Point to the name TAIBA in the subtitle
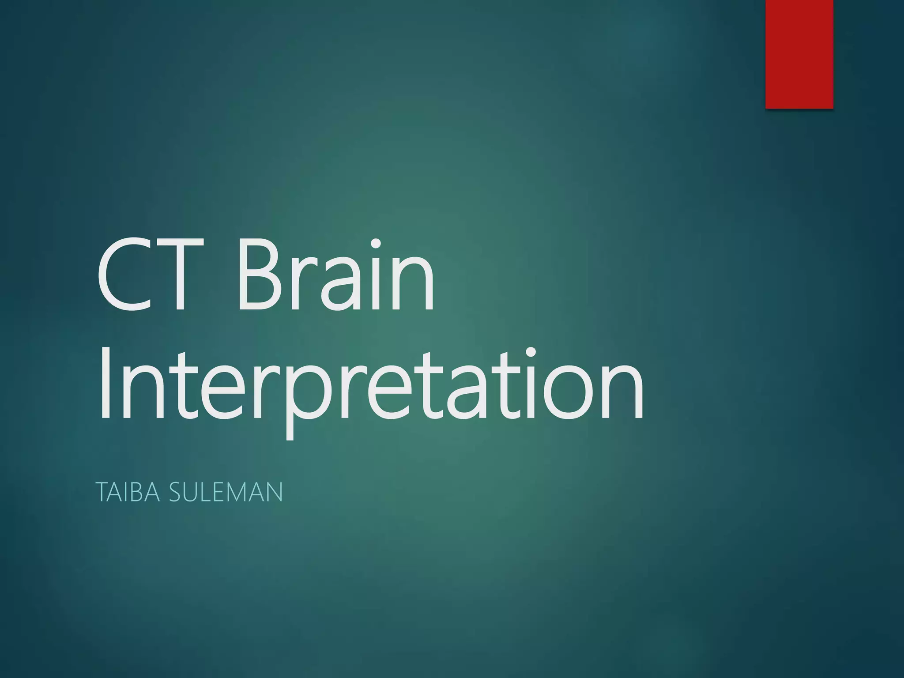127,492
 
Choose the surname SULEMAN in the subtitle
226,492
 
